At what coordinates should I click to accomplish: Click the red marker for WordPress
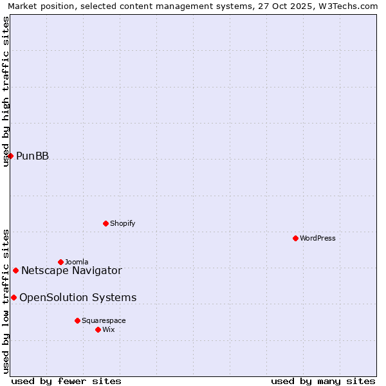coord(295,238)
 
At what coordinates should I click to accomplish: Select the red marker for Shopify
coord(106,223)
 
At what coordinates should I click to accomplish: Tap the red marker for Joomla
coord(60,262)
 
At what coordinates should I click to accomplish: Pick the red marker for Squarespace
coord(77,320)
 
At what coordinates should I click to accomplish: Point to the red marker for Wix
coord(98,329)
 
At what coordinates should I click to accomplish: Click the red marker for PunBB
coord(10,156)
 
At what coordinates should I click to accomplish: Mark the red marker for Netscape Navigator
coord(15,270)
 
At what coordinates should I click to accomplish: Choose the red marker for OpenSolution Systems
coord(14,297)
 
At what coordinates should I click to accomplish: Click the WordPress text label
coord(318,238)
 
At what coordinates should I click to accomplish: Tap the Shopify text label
coord(122,223)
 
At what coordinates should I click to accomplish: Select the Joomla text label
coord(77,262)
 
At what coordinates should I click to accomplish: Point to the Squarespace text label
coord(104,320)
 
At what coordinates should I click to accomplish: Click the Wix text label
coord(109,329)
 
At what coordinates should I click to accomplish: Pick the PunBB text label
coord(32,156)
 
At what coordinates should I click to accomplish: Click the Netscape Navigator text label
coord(71,270)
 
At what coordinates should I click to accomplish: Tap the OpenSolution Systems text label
coord(78,297)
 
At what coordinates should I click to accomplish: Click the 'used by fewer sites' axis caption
coord(66,381)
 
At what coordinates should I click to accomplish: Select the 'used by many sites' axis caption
coord(323,381)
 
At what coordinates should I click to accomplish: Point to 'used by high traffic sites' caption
coord(6,91)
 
